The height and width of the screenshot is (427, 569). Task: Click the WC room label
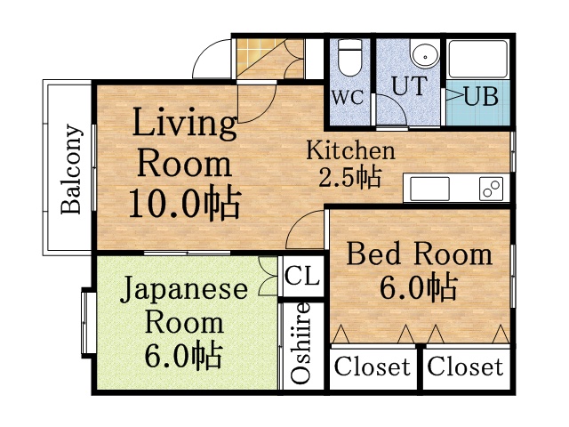click(348, 97)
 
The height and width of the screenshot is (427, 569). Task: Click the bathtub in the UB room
click(477, 60)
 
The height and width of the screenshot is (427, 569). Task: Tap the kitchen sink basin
click(430, 188)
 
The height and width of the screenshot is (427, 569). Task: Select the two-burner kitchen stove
click(490, 188)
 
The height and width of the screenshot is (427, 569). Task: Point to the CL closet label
click(301, 276)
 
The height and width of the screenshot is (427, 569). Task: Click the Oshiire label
click(301, 343)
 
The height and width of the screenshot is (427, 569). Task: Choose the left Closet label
click(373, 367)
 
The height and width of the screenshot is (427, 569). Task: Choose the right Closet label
click(465, 367)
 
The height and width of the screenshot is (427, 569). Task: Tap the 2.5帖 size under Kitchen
click(349, 176)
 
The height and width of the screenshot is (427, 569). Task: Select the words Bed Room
click(418, 254)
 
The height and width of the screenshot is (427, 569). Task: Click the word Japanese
click(184, 290)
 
